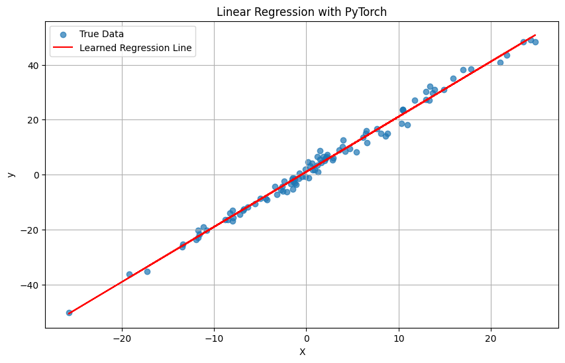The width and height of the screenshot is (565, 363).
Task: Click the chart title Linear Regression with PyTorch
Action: click(x=302, y=12)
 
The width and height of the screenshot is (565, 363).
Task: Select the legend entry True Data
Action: click(x=101, y=34)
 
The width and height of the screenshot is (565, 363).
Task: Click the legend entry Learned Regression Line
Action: click(x=136, y=48)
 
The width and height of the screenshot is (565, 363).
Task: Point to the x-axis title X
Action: click(x=302, y=352)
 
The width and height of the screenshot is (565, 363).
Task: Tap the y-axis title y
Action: click(x=10, y=175)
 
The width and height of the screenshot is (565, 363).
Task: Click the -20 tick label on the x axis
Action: click(x=122, y=338)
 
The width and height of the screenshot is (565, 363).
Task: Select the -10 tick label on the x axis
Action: click(x=214, y=338)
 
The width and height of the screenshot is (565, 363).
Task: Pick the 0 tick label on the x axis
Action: click(x=306, y=338)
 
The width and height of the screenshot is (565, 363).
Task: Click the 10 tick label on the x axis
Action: click(x=398, y=338)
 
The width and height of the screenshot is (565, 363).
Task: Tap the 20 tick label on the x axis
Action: click(x=491, y=338)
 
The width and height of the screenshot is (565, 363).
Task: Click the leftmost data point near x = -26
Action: click(x=69, y=313)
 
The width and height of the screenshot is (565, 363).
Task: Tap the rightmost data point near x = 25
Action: click(x=535, y=42)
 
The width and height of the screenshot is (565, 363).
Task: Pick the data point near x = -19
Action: click(x=130, y=274)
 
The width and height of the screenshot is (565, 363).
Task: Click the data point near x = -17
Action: click(x=147, y=271)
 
